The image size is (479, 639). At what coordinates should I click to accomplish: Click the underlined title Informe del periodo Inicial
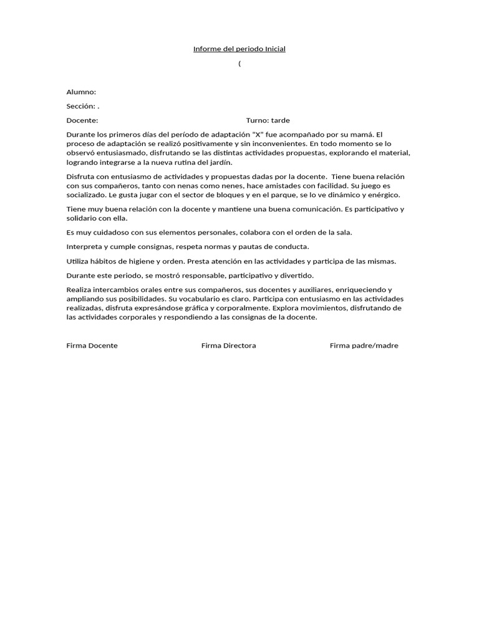click(239, 49)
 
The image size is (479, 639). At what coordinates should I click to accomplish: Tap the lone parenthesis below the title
click(239, 64)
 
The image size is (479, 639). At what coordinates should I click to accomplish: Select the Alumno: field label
click(81, 92)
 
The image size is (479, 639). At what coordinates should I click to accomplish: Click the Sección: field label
click(81, 106)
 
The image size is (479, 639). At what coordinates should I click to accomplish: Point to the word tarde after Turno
click(280, 120)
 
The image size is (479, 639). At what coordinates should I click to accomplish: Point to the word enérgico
click(382, 195)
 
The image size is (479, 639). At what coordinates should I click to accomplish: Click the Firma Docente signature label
click(92, 346)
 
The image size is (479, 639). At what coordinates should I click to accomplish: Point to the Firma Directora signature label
click(228, 346)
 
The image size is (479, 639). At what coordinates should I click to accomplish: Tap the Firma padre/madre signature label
click(364, 346)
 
